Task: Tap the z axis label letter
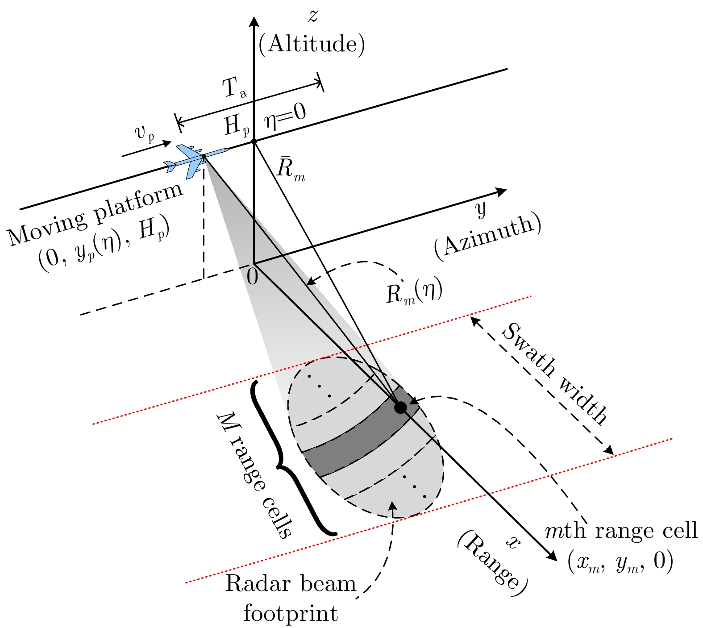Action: tap(313, 17)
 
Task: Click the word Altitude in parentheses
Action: tap(312, 45)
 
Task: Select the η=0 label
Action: tap(285, 116)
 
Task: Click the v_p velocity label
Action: tap(144, 133)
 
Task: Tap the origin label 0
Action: tap(252, 277)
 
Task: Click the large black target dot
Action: tap(400, 407)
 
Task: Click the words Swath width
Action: tap(555, 373)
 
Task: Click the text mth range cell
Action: tap(621, 531)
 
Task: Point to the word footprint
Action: tap(291, 613)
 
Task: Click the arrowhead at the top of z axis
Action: tap(254, 21)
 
